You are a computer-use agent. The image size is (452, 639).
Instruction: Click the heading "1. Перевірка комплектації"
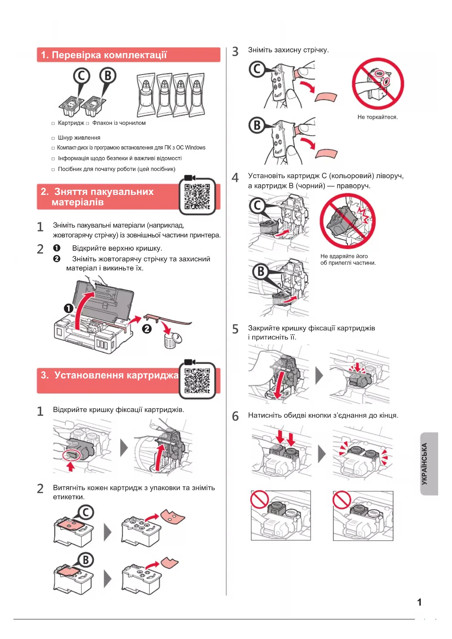[x=104, y=55]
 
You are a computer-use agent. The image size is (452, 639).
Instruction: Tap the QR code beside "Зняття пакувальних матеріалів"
[x=197, y=196]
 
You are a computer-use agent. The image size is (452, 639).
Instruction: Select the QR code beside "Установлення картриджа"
[x=197, y=381]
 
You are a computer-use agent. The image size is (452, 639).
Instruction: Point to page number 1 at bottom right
[x=419, y=602]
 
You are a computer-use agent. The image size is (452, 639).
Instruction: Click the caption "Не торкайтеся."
[x=377, y=117]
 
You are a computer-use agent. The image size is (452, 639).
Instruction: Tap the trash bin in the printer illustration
[x=170, y=340]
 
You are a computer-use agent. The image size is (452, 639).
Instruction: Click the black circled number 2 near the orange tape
[x=147, y=329]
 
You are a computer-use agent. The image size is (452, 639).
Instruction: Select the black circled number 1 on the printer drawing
[x=68, y=309]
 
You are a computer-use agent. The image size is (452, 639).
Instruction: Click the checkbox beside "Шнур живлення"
[x=53, y=138]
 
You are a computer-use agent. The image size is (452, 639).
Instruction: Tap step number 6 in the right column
[x=235, y=416]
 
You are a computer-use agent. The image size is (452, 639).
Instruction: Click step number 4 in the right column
[x=235, y=177]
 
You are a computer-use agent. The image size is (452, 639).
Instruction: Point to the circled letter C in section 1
[x=82, y=76]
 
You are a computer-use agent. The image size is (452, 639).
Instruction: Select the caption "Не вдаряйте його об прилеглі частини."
[x=348, y=259]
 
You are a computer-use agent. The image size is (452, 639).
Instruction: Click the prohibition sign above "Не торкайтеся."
[x=378, y=84]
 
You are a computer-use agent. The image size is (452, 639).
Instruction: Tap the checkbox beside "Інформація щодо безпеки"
[x=53, y=159]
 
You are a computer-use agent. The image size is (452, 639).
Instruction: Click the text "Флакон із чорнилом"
[x=119, y=123]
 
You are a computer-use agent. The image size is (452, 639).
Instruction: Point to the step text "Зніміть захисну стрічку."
[x=288, y=50]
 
